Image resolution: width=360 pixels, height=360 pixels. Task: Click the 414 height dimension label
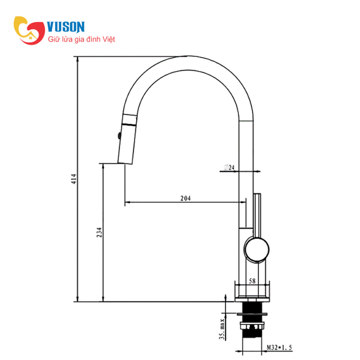click(x=74, y=179)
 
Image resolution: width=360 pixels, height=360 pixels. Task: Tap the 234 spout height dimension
click(x=99, y=232)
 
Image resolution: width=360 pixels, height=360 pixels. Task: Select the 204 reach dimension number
click(x=185, y=198)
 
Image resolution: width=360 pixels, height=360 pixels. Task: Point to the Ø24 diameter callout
click(x=229, y=167)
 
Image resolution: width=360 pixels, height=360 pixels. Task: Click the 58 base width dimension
click(x=252, y=281)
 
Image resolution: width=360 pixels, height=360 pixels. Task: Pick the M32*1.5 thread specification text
click(x=279, y=347)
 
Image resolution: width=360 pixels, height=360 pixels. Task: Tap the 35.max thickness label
click(x=222, y=329)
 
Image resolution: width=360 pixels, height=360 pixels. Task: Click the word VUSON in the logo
click(x=66, y=27)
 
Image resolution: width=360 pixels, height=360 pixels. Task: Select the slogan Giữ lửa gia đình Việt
click(x=81, y=39)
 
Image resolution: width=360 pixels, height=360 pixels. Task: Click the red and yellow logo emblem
click(x=29, y=30)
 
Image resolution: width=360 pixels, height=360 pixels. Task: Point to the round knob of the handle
click(x=256, y=250)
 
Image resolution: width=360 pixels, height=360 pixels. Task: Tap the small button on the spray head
click(x=119, y=136)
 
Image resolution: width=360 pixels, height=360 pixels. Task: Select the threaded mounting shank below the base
click(x=252, y=326)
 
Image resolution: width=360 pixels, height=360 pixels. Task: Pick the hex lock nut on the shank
click(x=252, y=326)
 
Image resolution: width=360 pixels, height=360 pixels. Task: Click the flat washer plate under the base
click(x=252, y=314)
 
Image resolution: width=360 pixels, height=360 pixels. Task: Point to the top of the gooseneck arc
click(x=188, y=57)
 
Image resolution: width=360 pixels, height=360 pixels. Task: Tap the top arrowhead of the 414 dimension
click(x=77, y=59)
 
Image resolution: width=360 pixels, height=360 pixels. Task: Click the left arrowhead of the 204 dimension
click(x=127, y=202)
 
